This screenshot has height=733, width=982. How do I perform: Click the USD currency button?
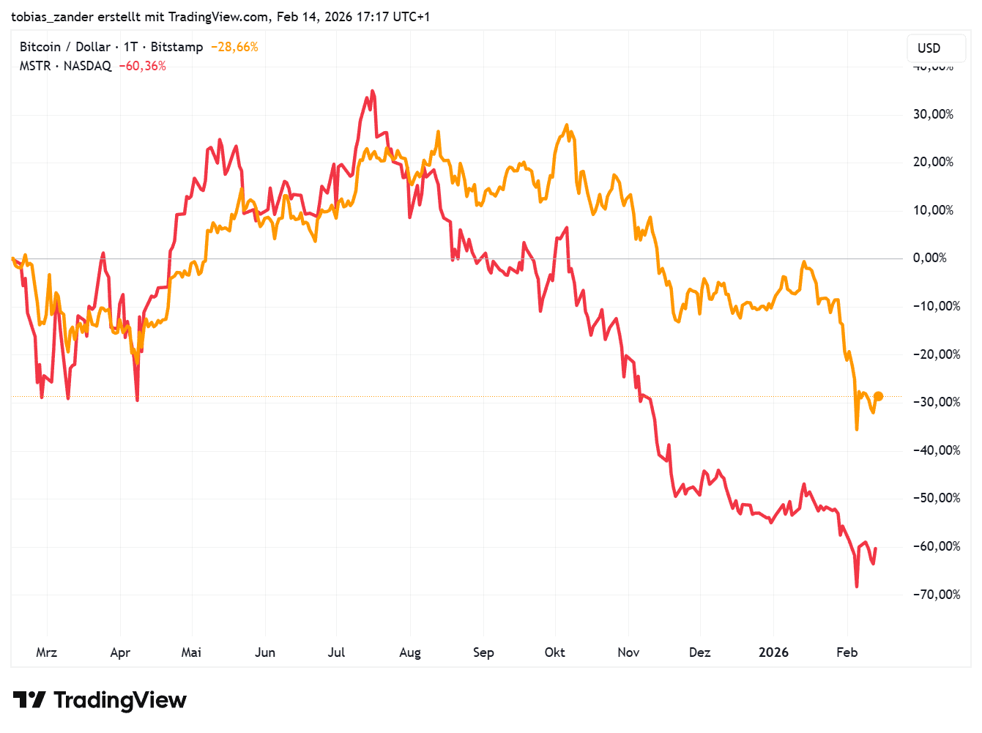929,48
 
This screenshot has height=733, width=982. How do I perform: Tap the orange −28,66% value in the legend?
234,47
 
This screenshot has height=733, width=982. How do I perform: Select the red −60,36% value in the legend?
143,66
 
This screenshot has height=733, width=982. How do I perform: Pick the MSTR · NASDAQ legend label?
65,66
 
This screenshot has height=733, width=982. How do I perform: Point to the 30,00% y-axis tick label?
933,114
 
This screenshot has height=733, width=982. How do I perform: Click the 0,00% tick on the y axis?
929,258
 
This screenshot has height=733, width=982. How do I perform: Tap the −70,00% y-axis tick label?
936,594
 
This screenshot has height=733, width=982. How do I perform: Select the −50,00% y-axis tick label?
936,498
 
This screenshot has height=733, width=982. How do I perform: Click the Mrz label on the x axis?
46,652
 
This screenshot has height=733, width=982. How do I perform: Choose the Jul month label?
336,652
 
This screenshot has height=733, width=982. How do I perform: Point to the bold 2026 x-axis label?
773,652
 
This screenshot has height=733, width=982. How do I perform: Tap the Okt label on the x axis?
554,652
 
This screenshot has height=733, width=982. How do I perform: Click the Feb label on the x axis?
847,652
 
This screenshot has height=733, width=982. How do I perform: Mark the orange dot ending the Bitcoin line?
879,396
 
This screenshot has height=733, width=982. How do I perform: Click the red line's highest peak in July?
372,92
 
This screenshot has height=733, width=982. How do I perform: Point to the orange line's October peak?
567,125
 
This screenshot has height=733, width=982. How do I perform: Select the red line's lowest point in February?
857,587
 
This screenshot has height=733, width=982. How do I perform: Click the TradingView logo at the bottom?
100,700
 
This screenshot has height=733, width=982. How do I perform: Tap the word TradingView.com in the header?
217,16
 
